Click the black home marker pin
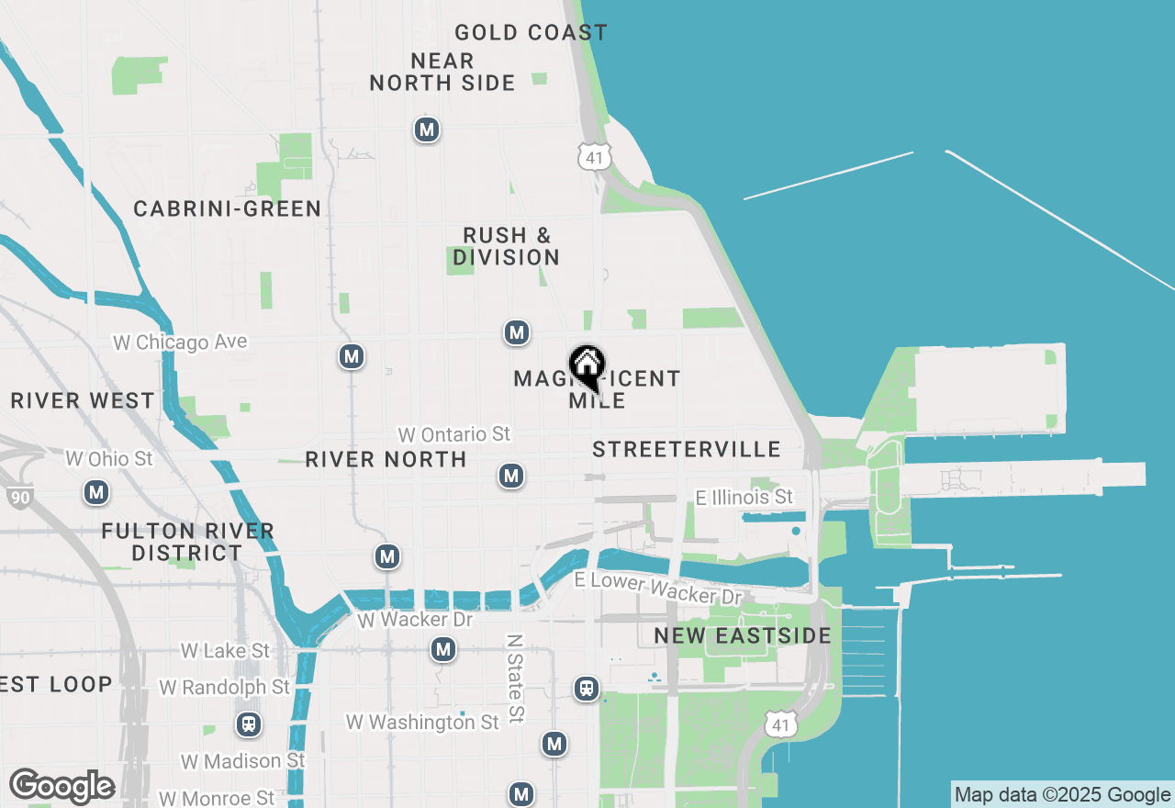(587, 367)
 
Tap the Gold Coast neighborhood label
(531, 33)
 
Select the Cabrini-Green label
(227, 209)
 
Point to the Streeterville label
(686, 449)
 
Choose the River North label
(386, 459)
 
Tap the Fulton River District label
(187, 542)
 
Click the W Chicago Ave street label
(180, 342)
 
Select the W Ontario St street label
(453, 433)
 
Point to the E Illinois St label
(744, 498)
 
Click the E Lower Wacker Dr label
(657, 589)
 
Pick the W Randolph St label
(224, 688)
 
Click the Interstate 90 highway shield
(17, 498)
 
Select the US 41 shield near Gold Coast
(594, 156)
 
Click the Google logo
(62, 787)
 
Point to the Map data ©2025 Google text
(1062, 795)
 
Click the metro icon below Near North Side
(426, 129)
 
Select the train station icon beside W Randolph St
(248, 724)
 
